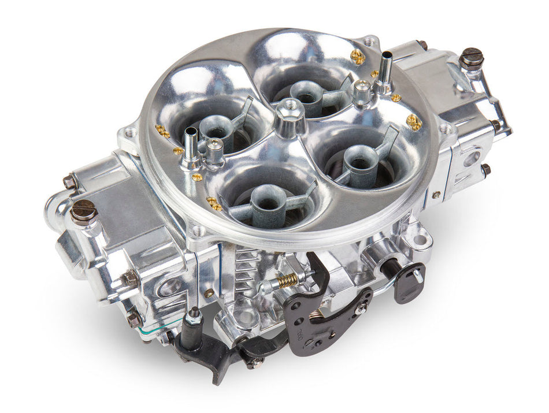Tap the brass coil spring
click(287, 281)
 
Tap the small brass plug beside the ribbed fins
click(207, 293)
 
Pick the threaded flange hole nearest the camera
click(199, 232)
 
